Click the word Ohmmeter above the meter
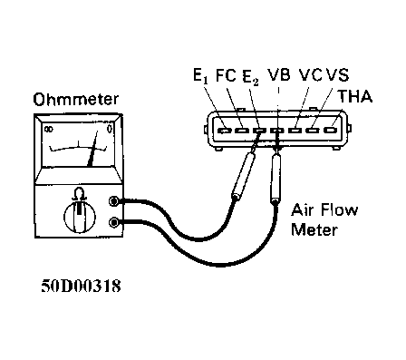pos(68,97)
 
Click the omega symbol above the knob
pos(78,192)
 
